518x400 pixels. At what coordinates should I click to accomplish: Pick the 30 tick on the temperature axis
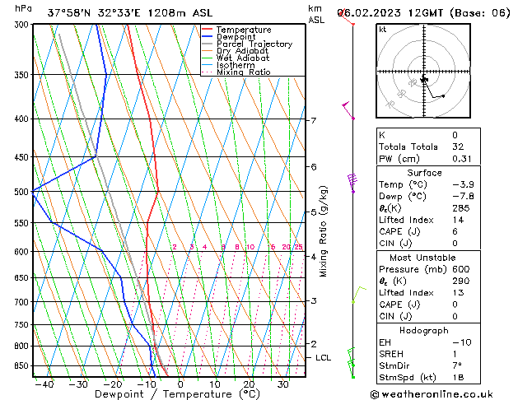[x=282, y=384]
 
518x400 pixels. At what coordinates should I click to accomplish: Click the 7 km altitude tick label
[x=313, y=121]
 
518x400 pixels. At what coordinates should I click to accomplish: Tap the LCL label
[x=324, y=358]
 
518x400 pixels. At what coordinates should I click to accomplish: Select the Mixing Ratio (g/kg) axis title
[x=323, y=231]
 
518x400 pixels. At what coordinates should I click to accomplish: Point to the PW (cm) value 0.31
[x=454, y=159]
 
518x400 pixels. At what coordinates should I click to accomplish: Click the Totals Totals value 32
[x=454, y=147]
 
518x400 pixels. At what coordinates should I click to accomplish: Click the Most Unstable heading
[x=423, y=257]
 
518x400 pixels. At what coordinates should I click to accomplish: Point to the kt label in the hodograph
[x=383, y=29]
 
